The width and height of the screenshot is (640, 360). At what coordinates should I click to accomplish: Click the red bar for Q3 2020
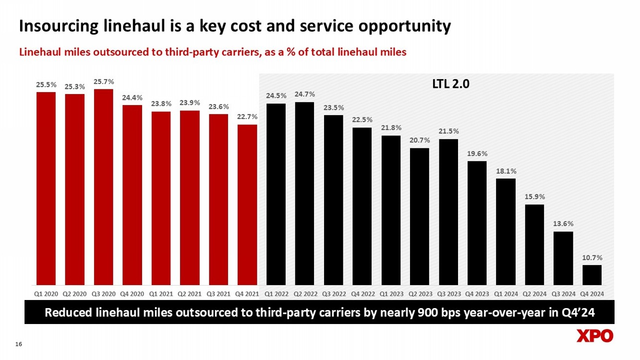pyautogui.click(x=103, y=187)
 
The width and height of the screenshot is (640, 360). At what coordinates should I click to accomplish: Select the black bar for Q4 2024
pyautogui.click(x=592, y=275)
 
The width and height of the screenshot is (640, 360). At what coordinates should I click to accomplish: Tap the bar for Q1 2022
pyautogui.click(x=276, y=194)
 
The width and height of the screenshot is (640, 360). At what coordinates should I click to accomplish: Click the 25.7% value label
pyautogui.click(x=103, y=82)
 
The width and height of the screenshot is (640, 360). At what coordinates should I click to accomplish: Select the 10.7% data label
pyautogui.click(x=592, y=258)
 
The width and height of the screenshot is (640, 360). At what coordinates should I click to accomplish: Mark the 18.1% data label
pyautogui.click(x=506, y=171)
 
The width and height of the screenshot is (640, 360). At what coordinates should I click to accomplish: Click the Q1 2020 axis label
pyautogui.click(x=46, y=293)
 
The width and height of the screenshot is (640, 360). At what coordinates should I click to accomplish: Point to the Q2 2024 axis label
pyautogui.click(x=534, y=293)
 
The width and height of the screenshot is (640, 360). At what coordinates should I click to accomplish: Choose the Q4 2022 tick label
pyautogui.click(x=362, y=293)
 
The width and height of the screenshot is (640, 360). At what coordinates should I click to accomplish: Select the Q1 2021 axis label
pyautogui.click(x=161, y=293)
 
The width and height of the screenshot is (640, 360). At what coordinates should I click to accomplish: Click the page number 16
pyautogui.click(x=19, y=344)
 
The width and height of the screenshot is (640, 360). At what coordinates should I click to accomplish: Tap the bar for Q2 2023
pyautogui.click(x=420, y=216)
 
